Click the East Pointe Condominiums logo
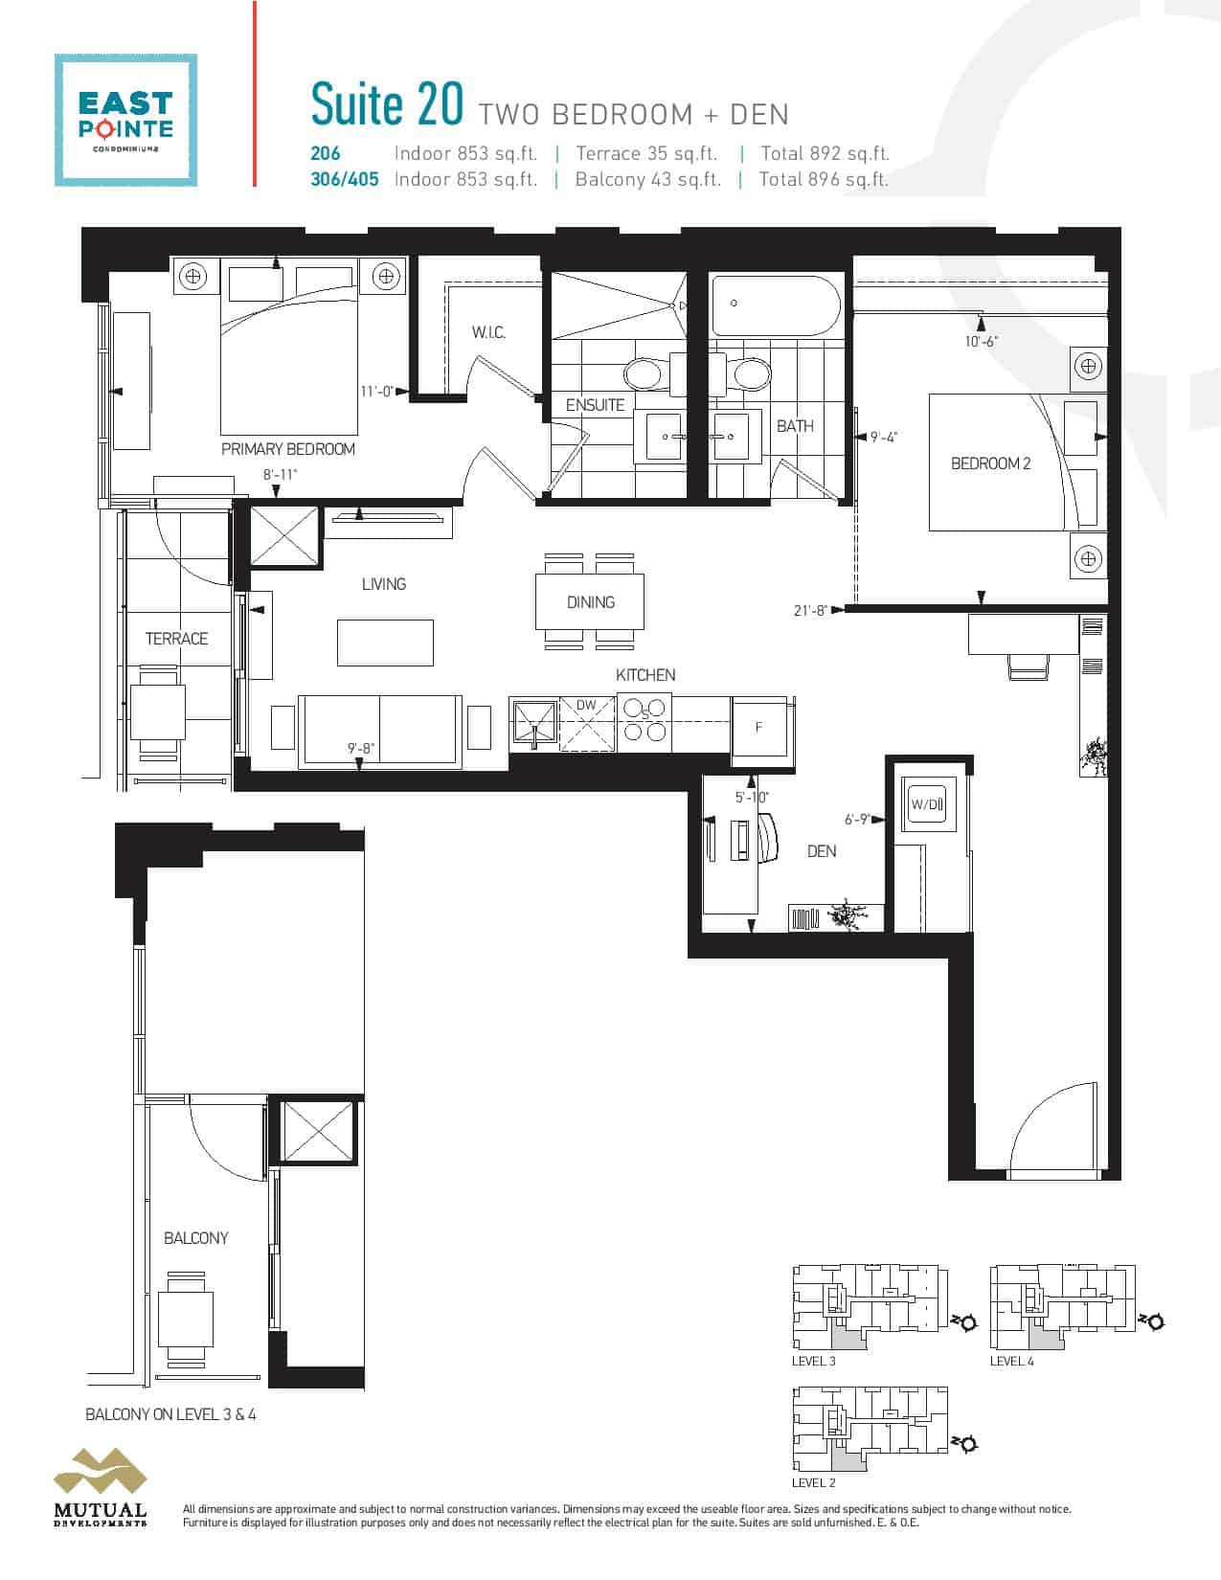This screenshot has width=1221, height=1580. pyautogui.click(x=125, y=120)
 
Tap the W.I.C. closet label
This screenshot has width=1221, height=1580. pyautogui.click(x=488, y=332)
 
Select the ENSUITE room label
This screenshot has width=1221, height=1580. pyautogui.click(x=595, y=405)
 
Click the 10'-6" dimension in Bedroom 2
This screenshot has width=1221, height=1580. pyautogui.click(x=981, y=342)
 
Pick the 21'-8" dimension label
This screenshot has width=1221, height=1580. pyautogui.click(x=810, y=610)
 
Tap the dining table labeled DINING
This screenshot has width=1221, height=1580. pyautogui.click(x=590, y=602)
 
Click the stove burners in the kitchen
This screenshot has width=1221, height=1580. pyautogui.click(x=645, y=720)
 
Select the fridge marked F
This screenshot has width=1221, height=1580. pyautogui.click(x=759, y=727)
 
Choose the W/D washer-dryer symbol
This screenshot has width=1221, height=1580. pyautogui.click(x=927, y=804)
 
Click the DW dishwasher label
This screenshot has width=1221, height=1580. pyautogui.click(x=586, y=706)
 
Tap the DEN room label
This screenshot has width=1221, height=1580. pyautogui.click(x=822, y=851)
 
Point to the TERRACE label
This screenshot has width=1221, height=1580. pyautogui.click(x=176, y=639)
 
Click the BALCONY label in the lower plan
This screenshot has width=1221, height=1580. pyautogui.click(x=195, y=1239)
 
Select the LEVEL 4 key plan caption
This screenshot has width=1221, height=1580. pyautogui.click(x=1011, y=1361)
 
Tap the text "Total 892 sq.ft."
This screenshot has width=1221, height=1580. pyautogui.click(x=825, y=153)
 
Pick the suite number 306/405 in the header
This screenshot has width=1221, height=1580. pyautogui.click(x=344, y=179)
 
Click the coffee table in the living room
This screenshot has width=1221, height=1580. pyautogui.click(x=385, y=643)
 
